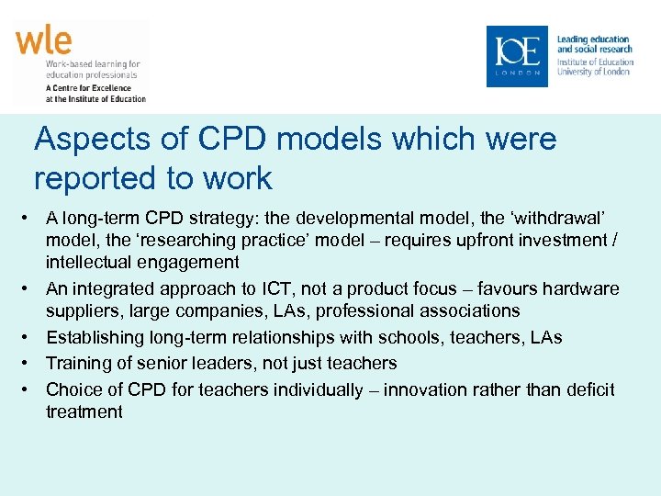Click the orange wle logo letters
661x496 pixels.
click(x=43, y=41)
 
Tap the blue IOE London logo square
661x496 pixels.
click(x=517, y=56)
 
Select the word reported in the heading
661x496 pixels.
click(x=99, y=178)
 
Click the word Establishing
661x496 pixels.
click(x=91, y=337)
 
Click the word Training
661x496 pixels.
click(x=78, y=363)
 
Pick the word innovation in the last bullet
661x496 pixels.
click(x=424, y=389)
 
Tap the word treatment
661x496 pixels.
click(x=84, y=411)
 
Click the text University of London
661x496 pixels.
click(x=593, y=72)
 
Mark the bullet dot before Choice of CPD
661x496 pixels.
click(x=32, y=389)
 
